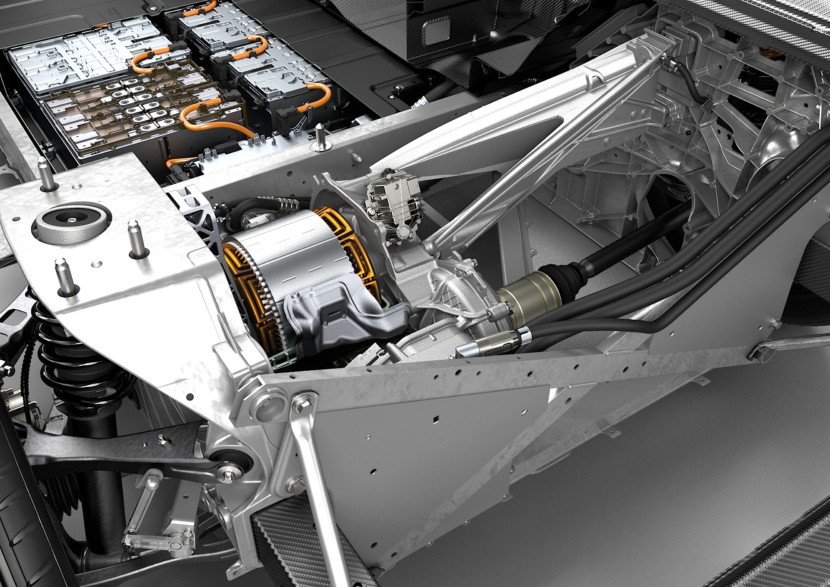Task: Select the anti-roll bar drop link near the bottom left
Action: [x=143, y=502]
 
